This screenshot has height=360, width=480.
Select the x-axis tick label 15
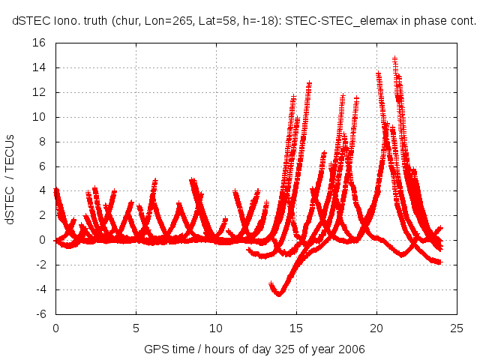[297, 328]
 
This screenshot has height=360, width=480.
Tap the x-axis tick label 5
[136, 328]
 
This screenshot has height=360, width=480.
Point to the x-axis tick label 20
[377, 328]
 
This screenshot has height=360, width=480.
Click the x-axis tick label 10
[216, 328]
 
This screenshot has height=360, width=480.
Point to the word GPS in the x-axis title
[155, 350]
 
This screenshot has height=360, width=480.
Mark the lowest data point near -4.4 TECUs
[279, 295]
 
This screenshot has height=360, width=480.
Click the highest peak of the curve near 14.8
[394, 58]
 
